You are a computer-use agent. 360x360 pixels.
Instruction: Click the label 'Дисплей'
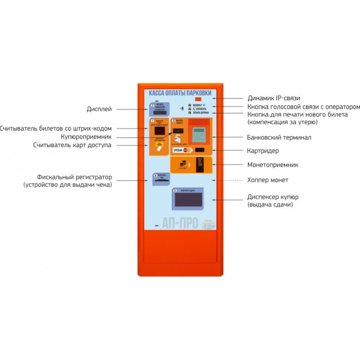click(x=99, y=110)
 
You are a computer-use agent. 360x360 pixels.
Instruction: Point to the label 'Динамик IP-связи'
click(x=274, y=98)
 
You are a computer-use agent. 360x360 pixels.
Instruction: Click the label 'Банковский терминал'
click(x=279, y=137)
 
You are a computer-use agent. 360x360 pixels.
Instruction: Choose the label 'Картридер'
click(x=262, y=151)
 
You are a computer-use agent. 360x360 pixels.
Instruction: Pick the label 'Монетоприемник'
click(x=273, y=165)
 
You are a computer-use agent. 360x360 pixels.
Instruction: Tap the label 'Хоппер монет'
click(x=268, y=180)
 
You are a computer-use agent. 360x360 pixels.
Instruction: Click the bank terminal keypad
click(x=199, y=134)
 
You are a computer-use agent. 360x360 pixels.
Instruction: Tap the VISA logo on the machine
click(x=178, y=151)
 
